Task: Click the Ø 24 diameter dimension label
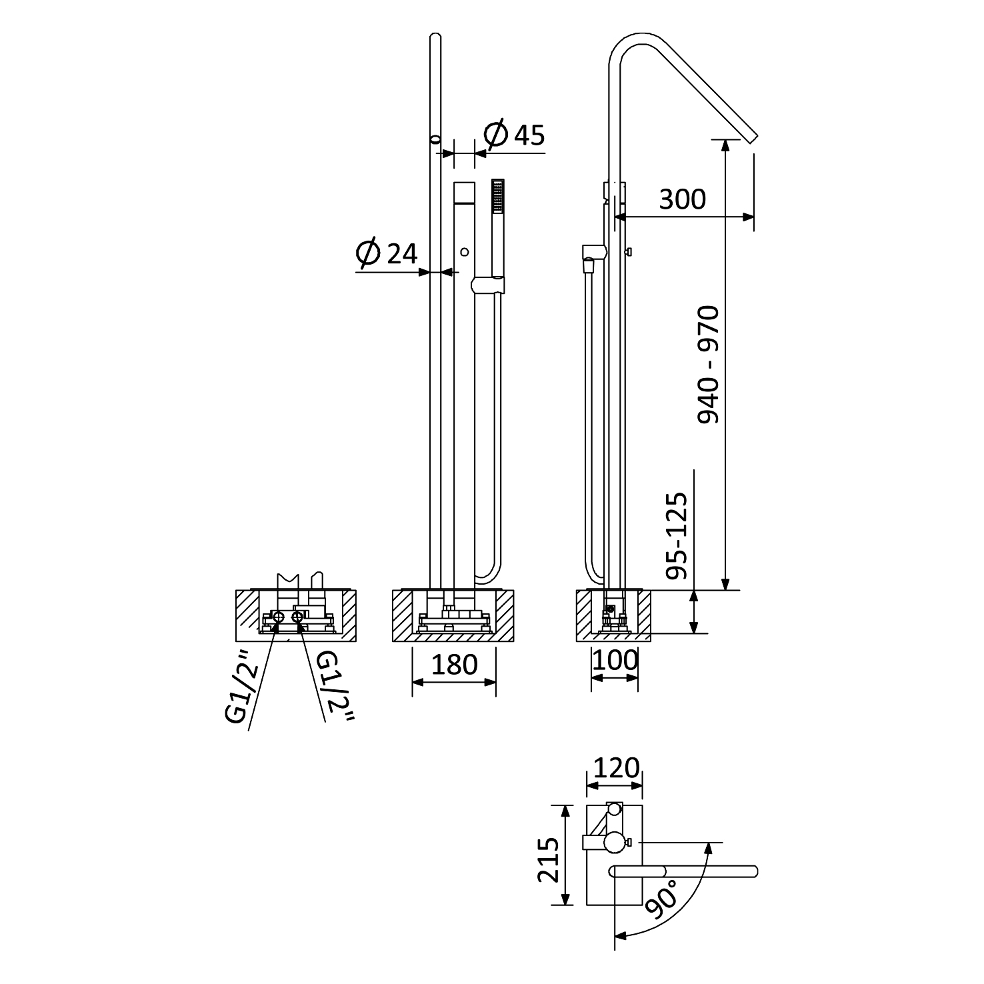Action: point(387,253)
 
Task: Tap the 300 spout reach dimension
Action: point(682,199)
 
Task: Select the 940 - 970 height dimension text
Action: point(709,364)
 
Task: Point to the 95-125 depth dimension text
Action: point(676,535)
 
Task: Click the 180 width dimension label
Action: point(455,664)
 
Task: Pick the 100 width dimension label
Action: point(615,660)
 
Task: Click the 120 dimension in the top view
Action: point(616,768)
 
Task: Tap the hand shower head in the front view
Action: point(497,196)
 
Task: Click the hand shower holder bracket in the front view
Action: point(489,285)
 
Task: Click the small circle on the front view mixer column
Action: point(465,252)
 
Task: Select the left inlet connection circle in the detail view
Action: point(279,617)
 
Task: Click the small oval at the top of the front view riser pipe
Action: point(435,139)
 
